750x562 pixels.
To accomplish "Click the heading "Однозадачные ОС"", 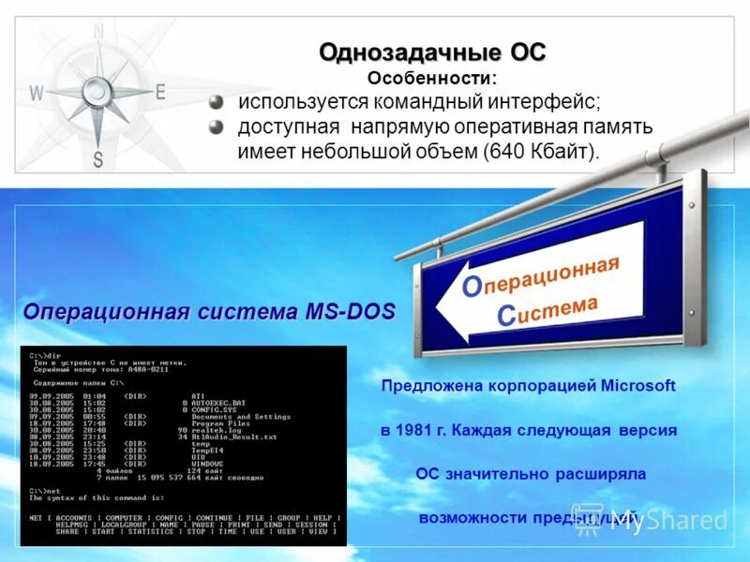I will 431,52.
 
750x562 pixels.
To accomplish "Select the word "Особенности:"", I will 431,79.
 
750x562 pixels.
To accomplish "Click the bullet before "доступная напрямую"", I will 217,126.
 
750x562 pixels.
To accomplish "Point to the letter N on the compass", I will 98,32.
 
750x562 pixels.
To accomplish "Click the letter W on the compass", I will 37,93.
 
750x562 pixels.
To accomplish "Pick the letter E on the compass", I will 160,92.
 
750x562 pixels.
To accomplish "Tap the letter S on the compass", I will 98,158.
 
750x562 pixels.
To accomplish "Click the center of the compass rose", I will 98,90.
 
